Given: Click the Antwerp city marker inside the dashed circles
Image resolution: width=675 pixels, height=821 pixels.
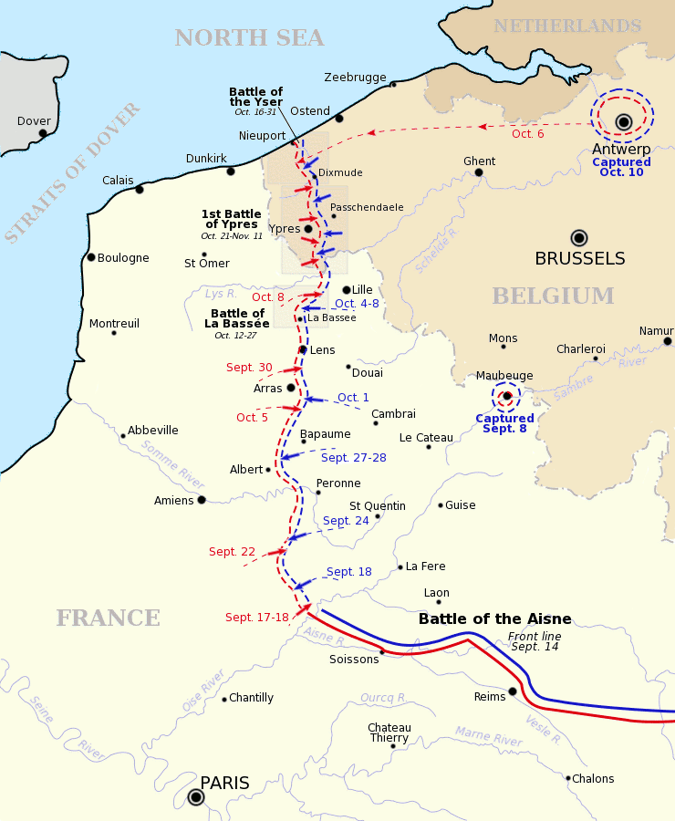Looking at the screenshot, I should tap(624, 121).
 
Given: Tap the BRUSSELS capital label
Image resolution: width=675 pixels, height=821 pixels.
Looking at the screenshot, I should tap(580, 258).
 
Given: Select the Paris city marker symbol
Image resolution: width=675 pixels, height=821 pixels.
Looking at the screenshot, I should tap(196, 797).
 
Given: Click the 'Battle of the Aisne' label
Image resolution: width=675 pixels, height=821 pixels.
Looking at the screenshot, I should tap(494, 619).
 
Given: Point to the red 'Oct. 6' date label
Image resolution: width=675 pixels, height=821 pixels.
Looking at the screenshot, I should tap(527, 134).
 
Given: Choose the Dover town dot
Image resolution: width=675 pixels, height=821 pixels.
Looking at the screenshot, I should tap(43, 133).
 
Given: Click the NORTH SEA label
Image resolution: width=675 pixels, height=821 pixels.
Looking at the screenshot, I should tap(249, 37).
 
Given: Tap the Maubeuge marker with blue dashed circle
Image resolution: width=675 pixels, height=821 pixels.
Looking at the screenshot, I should tap(506, 396).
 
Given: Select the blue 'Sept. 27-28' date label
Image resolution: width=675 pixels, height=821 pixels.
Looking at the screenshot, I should tap(354, 457).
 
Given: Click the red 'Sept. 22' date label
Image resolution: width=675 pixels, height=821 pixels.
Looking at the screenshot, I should tap(232, 552).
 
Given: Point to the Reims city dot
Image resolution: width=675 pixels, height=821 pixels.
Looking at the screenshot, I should tap(513, 691).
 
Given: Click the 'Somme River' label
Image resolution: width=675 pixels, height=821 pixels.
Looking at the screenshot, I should tap(172, 462).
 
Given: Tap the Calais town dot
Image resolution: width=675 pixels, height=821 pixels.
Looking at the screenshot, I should tap(140, 189).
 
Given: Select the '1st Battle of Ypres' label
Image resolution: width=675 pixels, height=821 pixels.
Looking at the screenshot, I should tap(231, 220).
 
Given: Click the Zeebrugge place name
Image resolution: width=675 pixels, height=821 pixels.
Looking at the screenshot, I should tap(355, 78).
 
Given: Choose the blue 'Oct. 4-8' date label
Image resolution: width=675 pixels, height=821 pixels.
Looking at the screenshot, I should tap(357, 304).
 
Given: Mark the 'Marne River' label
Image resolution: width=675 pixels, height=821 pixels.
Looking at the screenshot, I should tap(489, 736).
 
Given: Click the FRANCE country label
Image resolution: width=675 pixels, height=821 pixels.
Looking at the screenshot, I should tap(108, 618).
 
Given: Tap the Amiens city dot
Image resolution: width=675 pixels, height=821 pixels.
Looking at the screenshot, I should tap(202, 500).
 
